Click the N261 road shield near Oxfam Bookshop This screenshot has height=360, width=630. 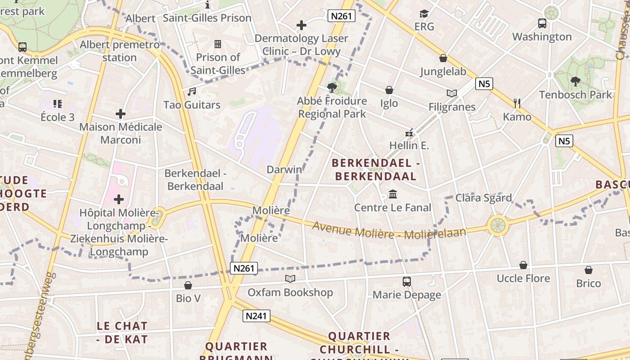click(244, 269)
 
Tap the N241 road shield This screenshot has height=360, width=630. click(257, 316)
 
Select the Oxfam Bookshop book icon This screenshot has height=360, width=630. click(290, 279)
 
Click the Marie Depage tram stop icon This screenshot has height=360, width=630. click(407, 282)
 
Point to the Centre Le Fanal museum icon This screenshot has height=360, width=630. click(393, 194)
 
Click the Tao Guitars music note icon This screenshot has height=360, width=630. click(192, 92)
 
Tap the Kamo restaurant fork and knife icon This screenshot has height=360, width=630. click(517, 103)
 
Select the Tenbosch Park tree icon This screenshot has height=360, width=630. click(575, 81)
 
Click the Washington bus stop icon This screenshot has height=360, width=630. click(542, 23)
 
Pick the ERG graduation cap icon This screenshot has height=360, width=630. click(424, 13)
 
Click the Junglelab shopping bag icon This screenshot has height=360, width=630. click(443, 58)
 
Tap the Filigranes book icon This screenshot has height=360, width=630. click(452, 94)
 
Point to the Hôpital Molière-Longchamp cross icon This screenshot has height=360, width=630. click(119, 199)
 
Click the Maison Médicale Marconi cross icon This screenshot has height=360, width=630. click(120, 114)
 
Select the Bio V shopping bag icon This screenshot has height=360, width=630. click(188, 285)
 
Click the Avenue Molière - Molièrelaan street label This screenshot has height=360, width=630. click(389, 230)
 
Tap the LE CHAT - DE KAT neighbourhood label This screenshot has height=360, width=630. click(122, 333)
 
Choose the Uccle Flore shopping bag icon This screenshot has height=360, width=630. click(523, 265)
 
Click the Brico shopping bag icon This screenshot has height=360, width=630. click(589, 270)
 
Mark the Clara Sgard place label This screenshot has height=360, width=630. click(484, 198)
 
